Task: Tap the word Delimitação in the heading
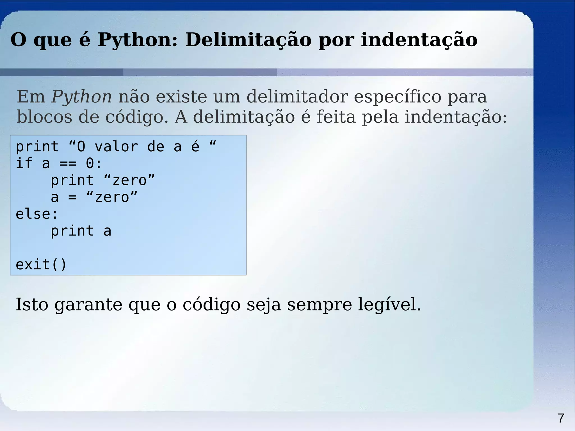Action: [248, 40]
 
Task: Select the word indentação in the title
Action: [419, 40]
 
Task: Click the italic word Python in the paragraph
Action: [81, 97]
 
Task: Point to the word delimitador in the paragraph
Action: [297, 97]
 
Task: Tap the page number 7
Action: [561, 418]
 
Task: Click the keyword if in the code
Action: [24, 163]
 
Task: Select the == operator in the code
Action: [68, 163]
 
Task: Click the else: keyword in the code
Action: [37, 214]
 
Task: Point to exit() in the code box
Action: [41, 264]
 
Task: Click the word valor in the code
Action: [116, 147]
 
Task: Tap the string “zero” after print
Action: [129, 180]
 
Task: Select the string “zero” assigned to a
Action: [112, 197]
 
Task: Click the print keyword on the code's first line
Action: [37, 147]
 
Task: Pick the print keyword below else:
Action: [72, 231]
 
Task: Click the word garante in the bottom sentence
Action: [88, 305]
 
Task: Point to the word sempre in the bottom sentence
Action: [319, 305]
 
